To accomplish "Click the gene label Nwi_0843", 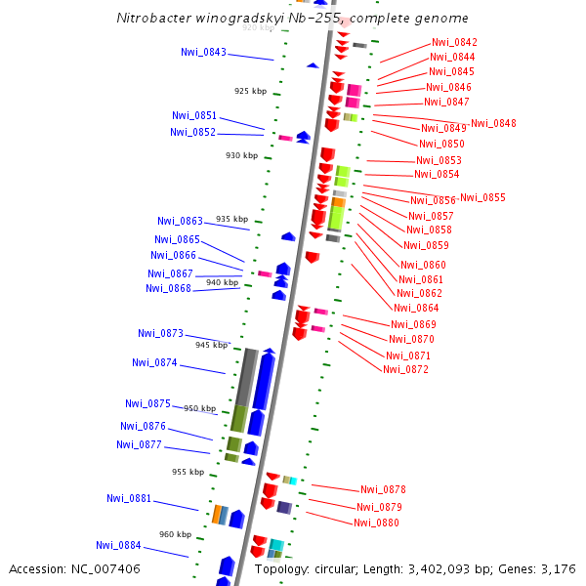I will coord(203,52).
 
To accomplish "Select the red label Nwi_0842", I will coord(454,42).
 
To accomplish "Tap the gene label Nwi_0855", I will coord(482,197).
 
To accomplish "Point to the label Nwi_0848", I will coord(493,123).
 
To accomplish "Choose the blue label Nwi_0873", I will coord(160,333).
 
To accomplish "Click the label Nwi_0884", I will coord(118,545).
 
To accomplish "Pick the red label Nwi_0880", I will coord(376,523).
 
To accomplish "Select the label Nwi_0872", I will coord(405,369).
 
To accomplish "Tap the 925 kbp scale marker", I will coord(250,91).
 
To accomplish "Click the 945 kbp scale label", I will coord(211,345).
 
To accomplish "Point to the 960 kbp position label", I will coord(176,534).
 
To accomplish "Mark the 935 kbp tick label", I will coord(231,219).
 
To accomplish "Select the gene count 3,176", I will coord(558,568).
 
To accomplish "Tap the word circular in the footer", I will coord(339,568).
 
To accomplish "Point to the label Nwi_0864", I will coord(416,308).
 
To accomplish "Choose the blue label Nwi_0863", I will coord(180,221).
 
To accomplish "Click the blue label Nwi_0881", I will coord(129,498).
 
